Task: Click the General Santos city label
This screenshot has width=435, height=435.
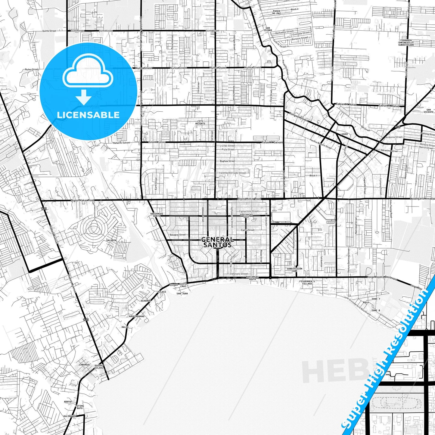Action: tap(217, 242)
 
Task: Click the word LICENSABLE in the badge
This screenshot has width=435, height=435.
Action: tap(88, 115)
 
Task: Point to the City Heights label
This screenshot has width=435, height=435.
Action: tap(200, 122)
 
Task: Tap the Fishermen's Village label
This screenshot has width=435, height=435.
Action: tap(307, 282)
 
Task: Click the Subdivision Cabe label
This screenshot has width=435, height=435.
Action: tap(294, 270)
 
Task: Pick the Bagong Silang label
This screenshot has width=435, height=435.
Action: tap(99, 367)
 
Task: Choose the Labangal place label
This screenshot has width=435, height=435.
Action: tap(85, 365)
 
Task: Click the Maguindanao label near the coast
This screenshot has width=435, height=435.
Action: tap(137, 316)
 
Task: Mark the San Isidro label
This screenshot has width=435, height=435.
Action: tap(268, 29)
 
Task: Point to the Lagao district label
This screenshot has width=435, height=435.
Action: tap(344, 134)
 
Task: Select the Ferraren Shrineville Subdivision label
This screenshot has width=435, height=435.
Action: tap(406, 42)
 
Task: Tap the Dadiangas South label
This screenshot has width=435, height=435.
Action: tap(252, 278)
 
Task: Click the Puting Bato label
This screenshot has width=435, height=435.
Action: tap(80, 407)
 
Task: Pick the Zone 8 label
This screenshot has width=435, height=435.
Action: tap(376, 310)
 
